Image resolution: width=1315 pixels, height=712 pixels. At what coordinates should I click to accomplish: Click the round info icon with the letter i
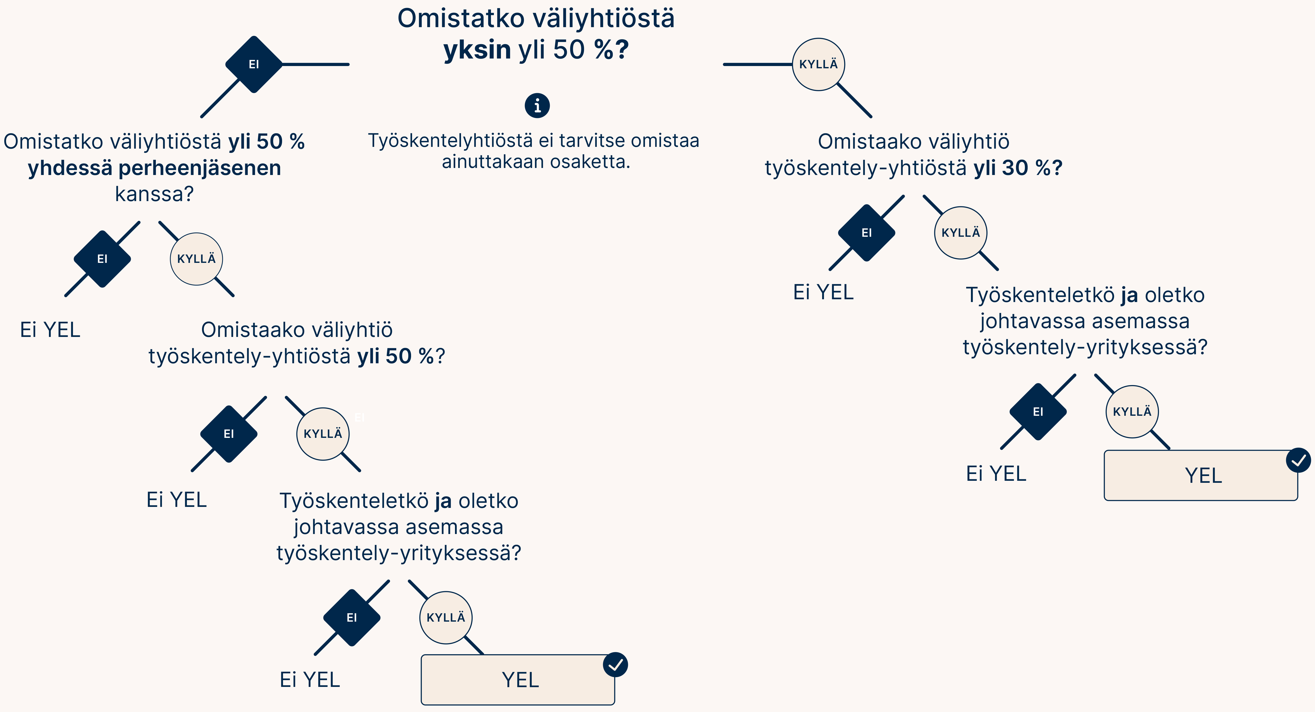(x=537, y=106)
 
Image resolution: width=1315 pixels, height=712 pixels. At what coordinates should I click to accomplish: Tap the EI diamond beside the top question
(x=254, y=64)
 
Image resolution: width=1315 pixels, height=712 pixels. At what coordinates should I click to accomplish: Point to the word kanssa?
(x=154, y=194)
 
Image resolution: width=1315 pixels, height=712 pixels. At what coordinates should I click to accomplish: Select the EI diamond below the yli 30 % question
(x=866, y=233)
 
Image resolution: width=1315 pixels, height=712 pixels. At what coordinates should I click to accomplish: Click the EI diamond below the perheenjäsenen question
(x=102, y=259)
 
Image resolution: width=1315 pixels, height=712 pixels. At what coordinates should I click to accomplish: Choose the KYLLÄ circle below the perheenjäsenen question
(x=196, y=259)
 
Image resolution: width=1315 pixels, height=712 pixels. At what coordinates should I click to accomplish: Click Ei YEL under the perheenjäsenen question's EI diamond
(x=50, y=330)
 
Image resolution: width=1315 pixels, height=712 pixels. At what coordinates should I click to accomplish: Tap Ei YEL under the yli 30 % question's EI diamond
(x=823, y=292)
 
